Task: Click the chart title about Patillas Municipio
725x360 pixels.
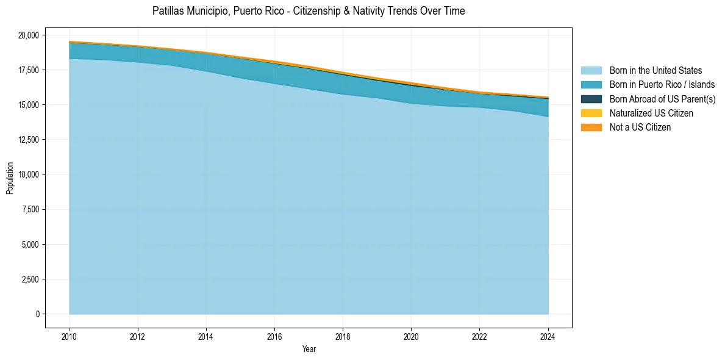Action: (309, 11)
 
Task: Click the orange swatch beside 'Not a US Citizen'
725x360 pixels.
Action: (591, 128)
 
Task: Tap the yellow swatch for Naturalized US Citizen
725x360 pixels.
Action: (591, 113)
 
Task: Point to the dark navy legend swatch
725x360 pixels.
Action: (591, 99)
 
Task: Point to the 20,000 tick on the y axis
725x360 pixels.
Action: (28, 35)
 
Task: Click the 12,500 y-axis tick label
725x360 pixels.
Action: (28, 140)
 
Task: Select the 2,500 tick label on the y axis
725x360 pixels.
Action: (30, 279)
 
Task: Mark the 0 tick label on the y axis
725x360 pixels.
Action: (37, 314)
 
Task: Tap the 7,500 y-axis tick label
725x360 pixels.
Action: (30, 210)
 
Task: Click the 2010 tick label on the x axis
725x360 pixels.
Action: (70, 337)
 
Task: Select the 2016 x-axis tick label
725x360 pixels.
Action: (274, 337)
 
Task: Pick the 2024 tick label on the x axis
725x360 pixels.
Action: (548, 337)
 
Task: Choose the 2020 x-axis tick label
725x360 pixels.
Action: (412, 337)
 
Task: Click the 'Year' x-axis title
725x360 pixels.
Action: (309, 349)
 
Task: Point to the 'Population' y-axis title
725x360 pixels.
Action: (10, 178)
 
